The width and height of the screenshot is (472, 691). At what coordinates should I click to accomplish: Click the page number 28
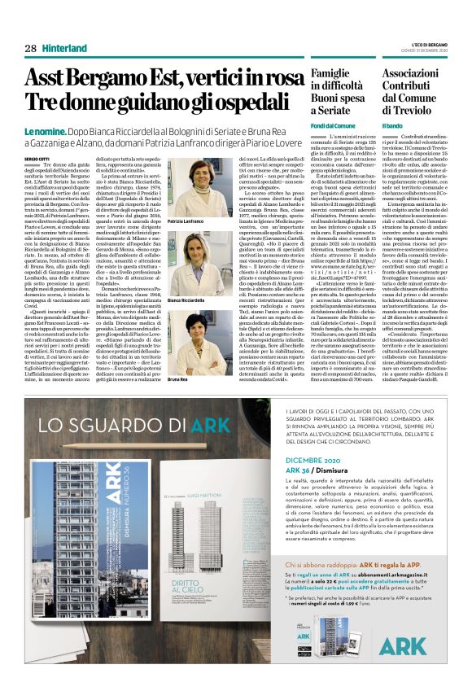point(29,49)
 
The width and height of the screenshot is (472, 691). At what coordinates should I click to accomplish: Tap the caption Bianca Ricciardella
point(186,300)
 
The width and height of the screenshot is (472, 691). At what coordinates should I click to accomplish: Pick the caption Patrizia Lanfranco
point(186,221)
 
